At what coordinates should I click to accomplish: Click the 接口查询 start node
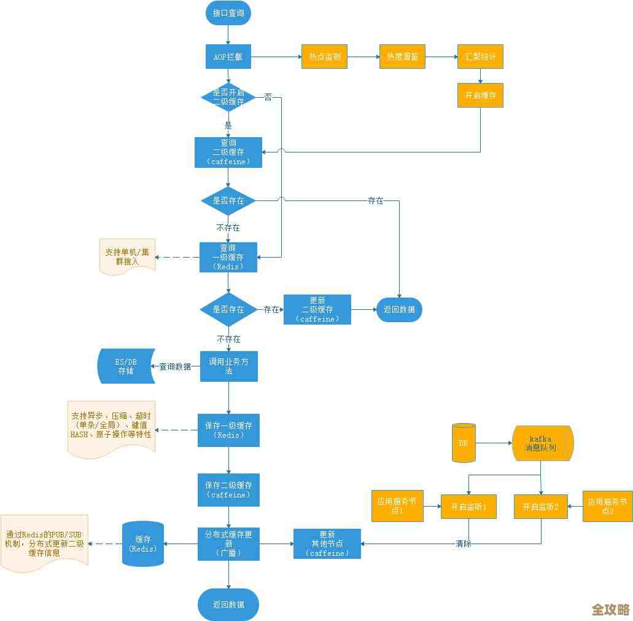pos(228,13)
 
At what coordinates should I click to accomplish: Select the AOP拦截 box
pos(228,57)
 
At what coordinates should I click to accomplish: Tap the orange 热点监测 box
pos(324,57)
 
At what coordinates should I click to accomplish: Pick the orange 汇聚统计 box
pos(480,57)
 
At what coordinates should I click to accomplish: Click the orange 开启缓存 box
pos(480,95)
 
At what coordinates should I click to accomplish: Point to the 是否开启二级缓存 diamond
pos(228,97)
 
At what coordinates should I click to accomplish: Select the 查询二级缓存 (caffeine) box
pos(228,152)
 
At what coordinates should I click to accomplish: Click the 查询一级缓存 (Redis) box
pos(228,257)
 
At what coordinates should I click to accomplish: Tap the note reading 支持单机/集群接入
pos(127,256)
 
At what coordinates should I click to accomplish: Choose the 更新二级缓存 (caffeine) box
pos(317,309)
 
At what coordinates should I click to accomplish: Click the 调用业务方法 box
pos(228,366)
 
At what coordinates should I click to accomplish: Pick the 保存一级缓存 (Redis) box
pos(228,430)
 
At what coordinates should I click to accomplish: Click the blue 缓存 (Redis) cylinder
pos(143,544)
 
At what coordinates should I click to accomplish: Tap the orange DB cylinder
pos(464,443)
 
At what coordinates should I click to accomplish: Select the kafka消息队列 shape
pos(542,443)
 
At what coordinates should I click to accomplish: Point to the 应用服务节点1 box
pos(397,506)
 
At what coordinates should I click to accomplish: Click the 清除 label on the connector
pos(464,544)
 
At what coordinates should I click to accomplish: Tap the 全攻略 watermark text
pos(610,609)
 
